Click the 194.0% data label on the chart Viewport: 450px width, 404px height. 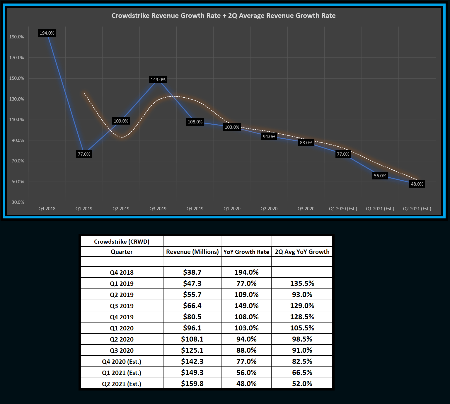(x=47, y=33)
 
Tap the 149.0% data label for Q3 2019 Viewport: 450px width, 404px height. (x=158, y=80)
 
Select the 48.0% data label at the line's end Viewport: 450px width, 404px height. (x=417, y=184)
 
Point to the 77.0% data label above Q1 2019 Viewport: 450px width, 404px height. (x=84, y=154)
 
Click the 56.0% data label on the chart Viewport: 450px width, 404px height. (x=380, y=176)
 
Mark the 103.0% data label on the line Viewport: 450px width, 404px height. (x=232, y=127)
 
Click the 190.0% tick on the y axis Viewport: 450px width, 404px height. (x=17, y=37)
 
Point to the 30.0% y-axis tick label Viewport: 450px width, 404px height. (x=18, y=202)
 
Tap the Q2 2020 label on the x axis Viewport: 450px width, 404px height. (x=269, y=209)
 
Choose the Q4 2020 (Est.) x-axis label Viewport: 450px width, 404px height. (x=343, y=209)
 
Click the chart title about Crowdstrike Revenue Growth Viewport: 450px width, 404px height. (x=224, y=16)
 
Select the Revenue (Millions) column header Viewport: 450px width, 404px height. (x=192, y=252)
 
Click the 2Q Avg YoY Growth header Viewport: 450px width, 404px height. (x=302, y=252)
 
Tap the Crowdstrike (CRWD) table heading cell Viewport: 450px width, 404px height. (x=122, y=242)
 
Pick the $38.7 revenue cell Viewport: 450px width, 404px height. (x=192, y=272)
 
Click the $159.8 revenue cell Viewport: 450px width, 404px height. (x=192, y=384)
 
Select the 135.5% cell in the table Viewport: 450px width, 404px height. (x=302, y=284)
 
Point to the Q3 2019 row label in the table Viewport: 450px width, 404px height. (x=122, y=306)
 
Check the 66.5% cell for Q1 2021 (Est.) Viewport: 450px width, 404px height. (x=302, y=373)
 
